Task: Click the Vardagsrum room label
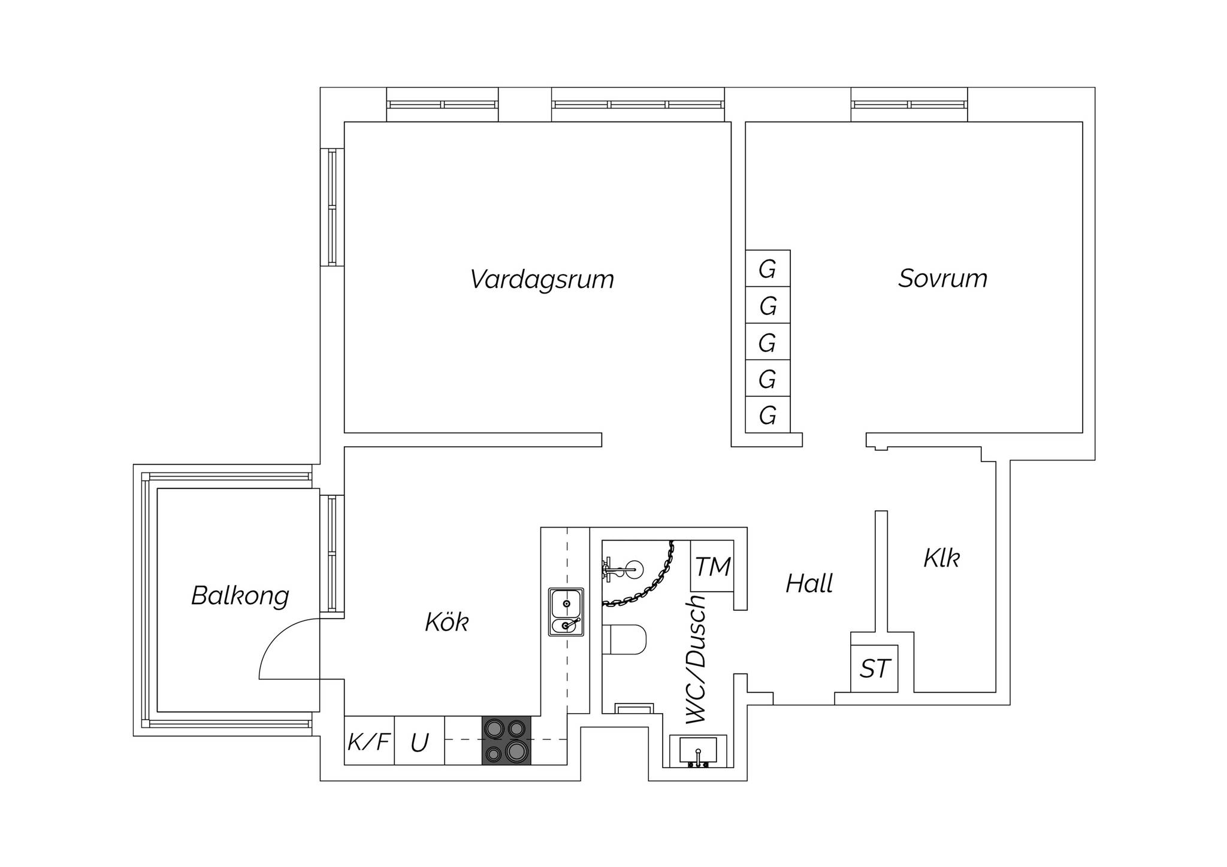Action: [x=542, y=280]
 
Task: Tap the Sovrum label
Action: [x=942, y=278]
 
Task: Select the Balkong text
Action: [x=240, y=596]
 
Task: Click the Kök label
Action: [x=446, y=623]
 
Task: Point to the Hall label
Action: [x=809, y=583]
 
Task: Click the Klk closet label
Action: [x=941, y=558]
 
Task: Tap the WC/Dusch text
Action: [x=697, y=659]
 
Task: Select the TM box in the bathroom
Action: [x=712, y=566]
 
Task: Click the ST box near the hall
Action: [x=875, y=669]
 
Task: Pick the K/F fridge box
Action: [x=369, y=742]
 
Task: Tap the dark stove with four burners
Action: [x=506, y=741]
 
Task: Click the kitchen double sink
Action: [x=566, y=611]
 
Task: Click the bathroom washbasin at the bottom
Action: [x=698, y=751]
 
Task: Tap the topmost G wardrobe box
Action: [x=767, y=269]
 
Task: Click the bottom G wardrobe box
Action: [x=767, y=415]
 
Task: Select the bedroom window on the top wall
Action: [x=909, y=105]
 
